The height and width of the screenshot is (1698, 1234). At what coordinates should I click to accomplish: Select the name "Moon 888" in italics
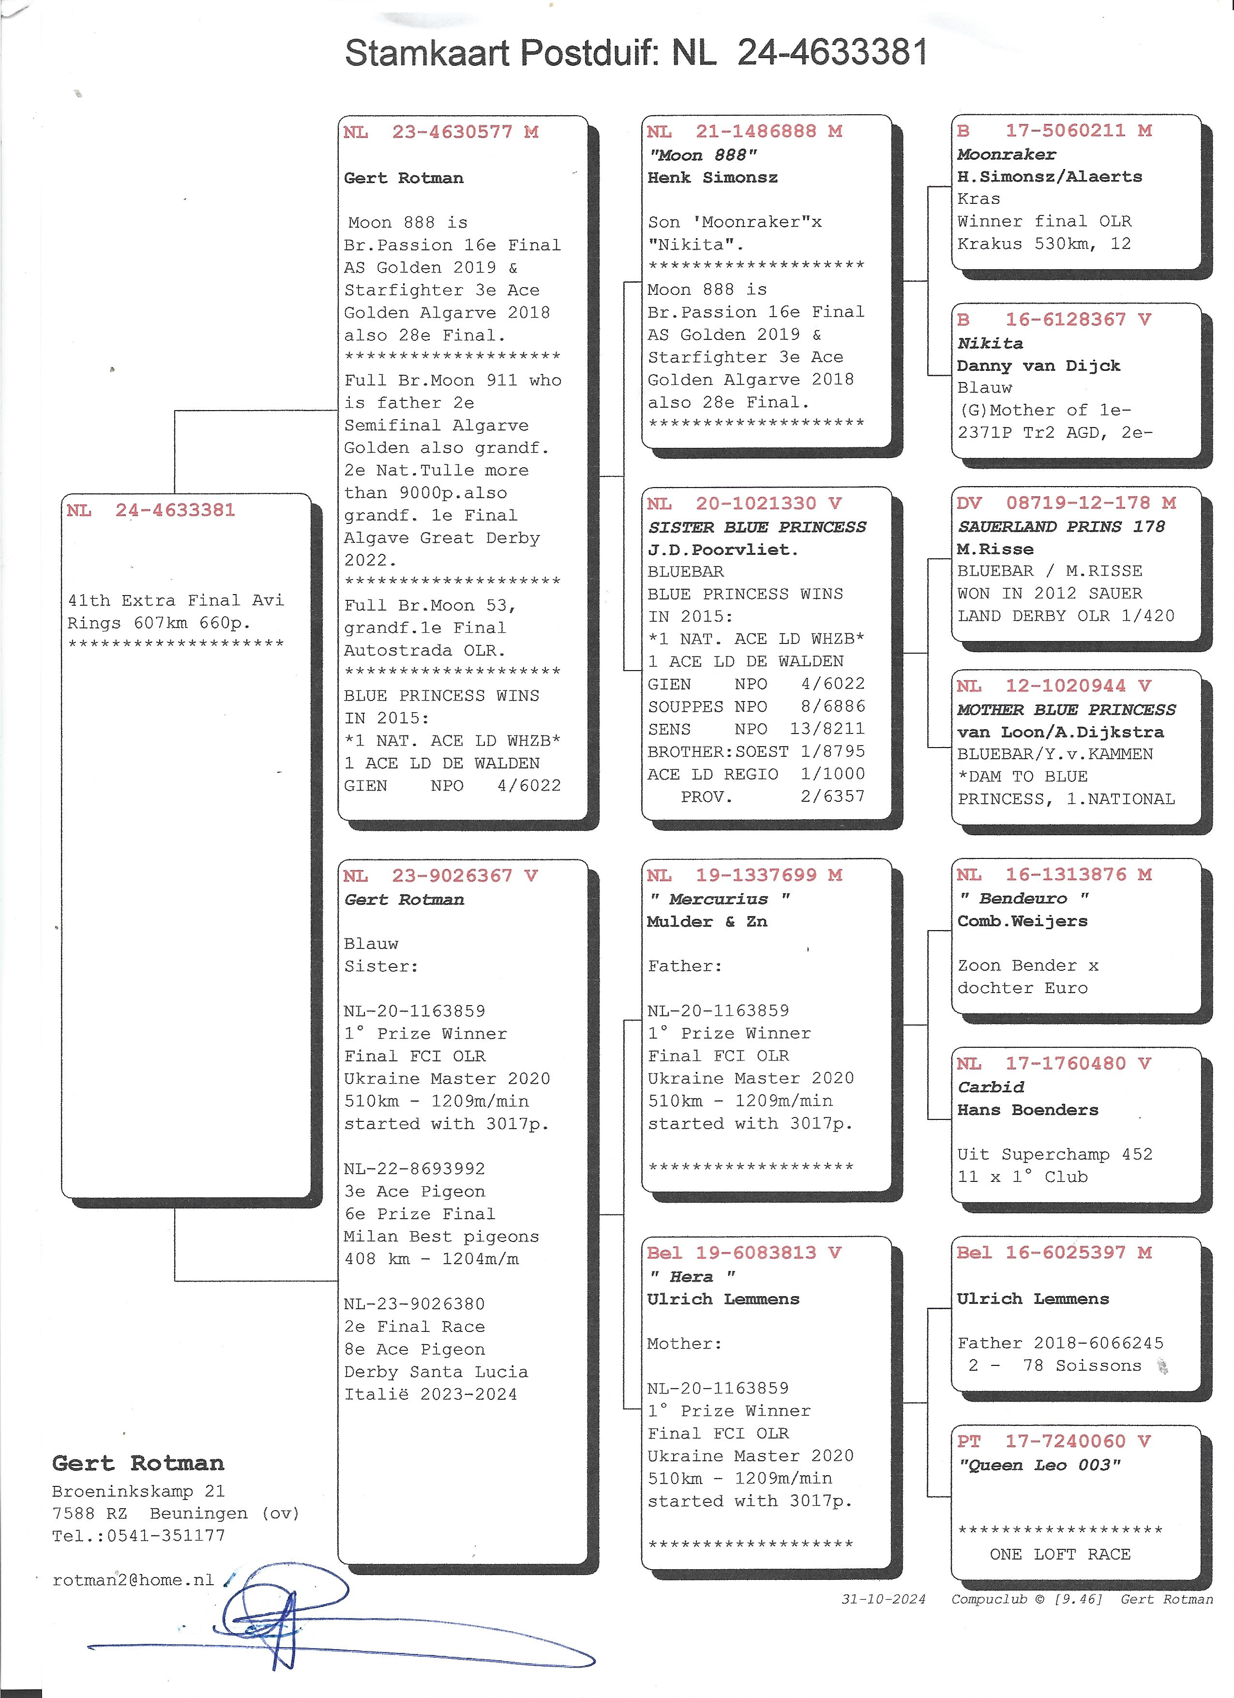(x=703, y=155)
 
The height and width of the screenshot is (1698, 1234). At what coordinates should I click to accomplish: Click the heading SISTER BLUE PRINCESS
(x=756, y=527)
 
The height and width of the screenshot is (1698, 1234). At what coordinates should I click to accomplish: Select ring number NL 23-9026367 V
(x=441, y=876)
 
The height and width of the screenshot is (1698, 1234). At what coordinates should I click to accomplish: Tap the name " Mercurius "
(x=719, y=899)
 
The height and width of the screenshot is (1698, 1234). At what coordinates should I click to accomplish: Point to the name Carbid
(x=991, y=1087)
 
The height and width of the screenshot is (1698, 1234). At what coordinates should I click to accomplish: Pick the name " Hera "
(x=692, y=1276)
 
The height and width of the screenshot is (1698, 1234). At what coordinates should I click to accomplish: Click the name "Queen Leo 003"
(x=1039, y=1465)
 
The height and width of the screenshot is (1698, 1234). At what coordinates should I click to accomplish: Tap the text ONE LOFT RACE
(x=1060, y=1554)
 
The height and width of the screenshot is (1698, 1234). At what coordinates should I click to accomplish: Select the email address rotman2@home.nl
(x=133, y=1580)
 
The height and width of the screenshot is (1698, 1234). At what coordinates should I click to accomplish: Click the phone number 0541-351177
(x=166, y=1535)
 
